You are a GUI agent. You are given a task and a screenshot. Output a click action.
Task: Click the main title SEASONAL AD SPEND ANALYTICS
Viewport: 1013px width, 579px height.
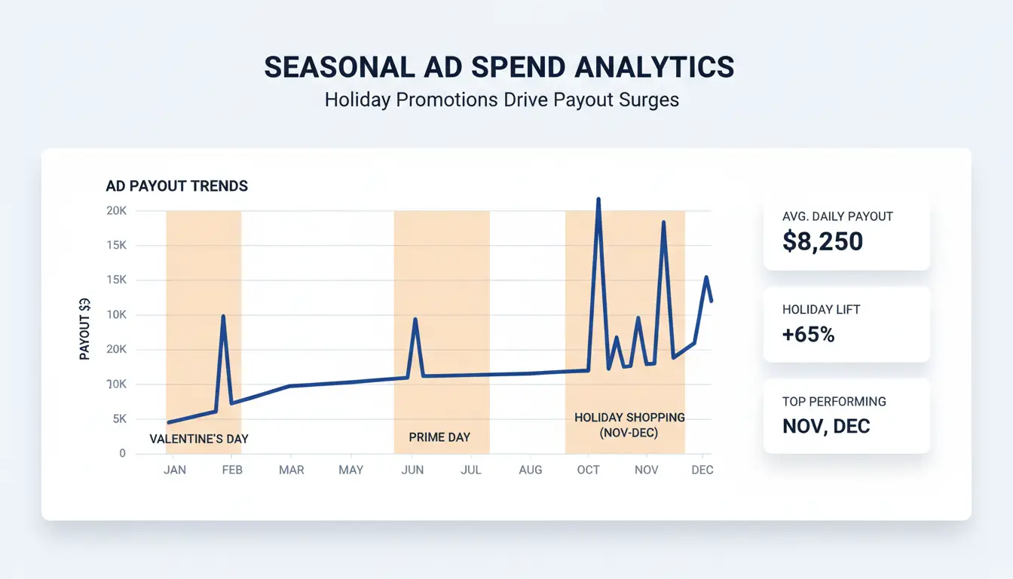point(499,68)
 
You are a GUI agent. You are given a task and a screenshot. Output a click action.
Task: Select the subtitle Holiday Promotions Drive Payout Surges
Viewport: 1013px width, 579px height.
point(501,100)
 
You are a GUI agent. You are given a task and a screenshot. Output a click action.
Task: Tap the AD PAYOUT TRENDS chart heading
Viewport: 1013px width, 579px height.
point(176,185)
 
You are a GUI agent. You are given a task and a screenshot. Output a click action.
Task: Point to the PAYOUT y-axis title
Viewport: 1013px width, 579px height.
point(85,329)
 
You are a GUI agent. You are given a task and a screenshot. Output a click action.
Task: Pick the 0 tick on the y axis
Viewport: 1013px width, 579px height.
point(121,454)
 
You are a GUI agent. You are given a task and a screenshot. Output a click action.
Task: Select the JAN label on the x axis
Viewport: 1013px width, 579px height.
point(174,470)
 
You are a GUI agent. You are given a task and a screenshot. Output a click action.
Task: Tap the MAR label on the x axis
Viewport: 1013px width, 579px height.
point(291,470)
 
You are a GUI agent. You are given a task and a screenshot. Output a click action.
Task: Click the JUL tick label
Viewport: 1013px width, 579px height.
point(470,470)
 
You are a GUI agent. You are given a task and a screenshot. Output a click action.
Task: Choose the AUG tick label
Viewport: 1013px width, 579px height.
point(530,470)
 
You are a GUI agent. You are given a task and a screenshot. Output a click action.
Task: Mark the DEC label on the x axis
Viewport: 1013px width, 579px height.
point(702,470)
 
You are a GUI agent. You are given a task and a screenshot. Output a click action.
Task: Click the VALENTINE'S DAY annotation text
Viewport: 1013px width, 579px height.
point(199,439)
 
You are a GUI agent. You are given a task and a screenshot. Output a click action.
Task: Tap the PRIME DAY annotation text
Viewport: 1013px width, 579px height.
point(439,437)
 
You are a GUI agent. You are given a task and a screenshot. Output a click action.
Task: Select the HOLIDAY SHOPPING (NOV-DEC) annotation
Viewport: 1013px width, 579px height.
point(629,425)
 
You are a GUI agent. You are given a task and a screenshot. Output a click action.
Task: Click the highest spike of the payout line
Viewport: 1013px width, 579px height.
point(598,200)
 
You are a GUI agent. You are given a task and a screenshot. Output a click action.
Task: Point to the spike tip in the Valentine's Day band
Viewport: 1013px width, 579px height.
point(223,317)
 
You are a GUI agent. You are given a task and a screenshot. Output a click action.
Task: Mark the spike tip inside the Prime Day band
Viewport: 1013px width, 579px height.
point(415,320)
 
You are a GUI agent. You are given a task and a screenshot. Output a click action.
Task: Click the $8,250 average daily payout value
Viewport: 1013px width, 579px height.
point(823,241)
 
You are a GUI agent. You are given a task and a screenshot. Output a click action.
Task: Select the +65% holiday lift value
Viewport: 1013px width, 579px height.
point(808,335)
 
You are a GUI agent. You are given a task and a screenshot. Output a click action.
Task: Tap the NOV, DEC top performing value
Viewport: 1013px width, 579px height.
point(826,426)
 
